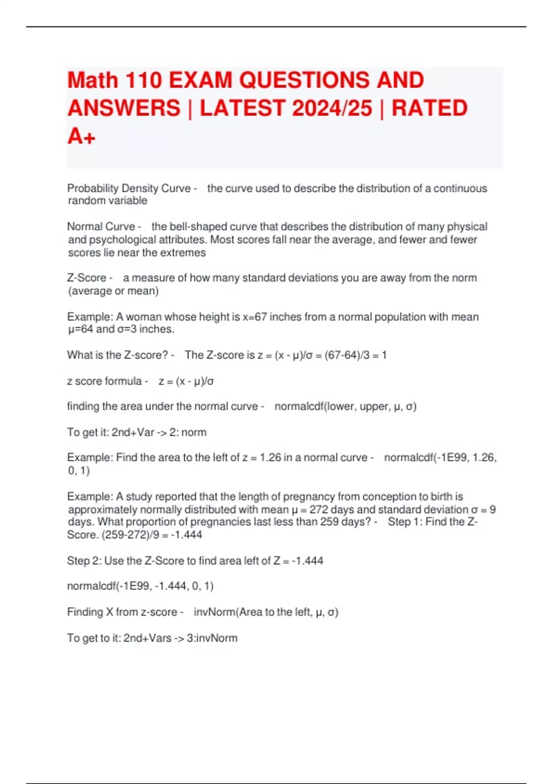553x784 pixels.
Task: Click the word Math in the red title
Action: (93, 80)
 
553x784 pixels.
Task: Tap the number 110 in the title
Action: (143, 80)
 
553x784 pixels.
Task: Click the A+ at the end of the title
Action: (81, 136)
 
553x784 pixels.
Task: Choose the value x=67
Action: (254, 317)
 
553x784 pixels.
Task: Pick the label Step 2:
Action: (84, 561)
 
